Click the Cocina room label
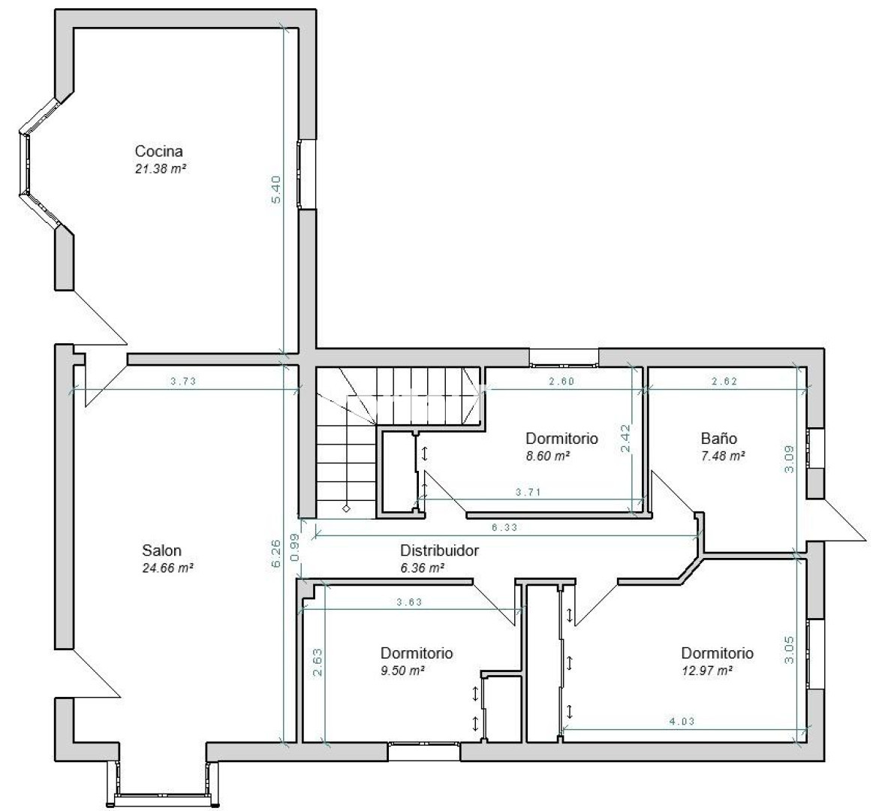click(158, 151)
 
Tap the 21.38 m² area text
click(161, 169)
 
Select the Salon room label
click(161, 550)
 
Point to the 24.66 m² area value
click(167, 568)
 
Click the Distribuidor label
click(439, 550)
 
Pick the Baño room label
click(719, 438)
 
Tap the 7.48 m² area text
click(723, 456)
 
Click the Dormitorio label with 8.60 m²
click(561, 438)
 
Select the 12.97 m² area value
click(706, 671)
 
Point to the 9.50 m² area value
click(402, 671)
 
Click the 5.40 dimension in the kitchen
click(277, 189)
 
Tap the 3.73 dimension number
click(183, 381)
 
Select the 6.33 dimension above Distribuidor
click(504, 527)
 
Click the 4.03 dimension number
click(682, 722)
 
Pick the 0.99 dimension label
click(294, 547)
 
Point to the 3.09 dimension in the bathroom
click(790, 459)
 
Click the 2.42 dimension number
click(625, 439)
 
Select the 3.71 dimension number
click(528, 492)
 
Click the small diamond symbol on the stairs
click(346, 508)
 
